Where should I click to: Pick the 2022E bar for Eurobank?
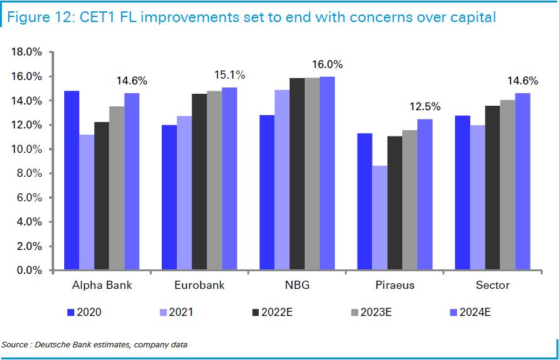click(x=200, y=183)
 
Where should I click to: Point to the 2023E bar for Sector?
click(x=507, y=186)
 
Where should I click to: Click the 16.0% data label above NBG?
click(x=327, y=65)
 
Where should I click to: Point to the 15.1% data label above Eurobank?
click(x=230, y=76)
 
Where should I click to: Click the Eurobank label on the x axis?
click(x=199, y=285)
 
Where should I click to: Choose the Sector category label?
click(x=492, y=285)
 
